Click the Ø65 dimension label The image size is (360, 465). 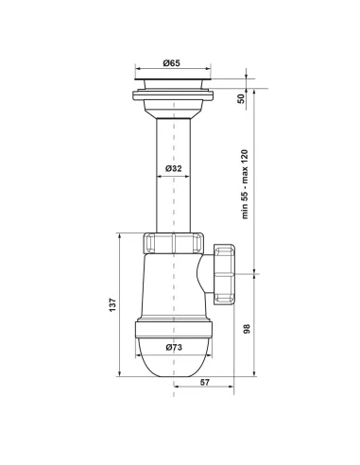172,63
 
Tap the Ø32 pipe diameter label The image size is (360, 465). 173,167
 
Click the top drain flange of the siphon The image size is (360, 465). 173,87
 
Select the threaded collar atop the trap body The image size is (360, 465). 173,243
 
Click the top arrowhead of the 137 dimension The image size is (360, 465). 119,236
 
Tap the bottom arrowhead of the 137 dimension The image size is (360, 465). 119,380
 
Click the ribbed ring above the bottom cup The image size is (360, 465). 173,328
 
